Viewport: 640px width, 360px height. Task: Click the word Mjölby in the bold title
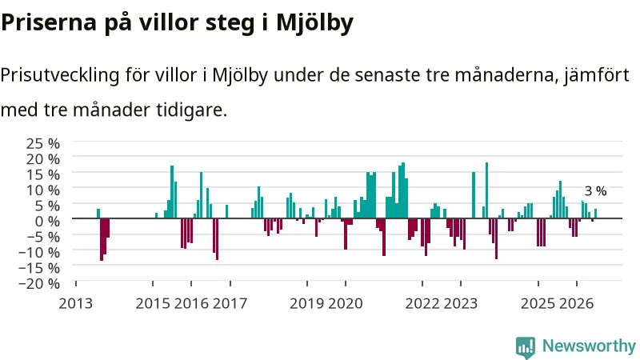[x=314, y=23]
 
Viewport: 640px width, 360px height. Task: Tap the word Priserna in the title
[x=49, y=22]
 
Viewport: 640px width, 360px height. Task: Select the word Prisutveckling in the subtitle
[x=59, y=76]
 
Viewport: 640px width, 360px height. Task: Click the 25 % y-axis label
[x=43, y=143]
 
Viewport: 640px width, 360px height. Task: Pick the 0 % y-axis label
[x=47, y=222]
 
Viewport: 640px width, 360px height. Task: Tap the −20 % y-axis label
[x=39, y=284]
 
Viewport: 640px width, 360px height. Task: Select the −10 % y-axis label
[x=39, y=252]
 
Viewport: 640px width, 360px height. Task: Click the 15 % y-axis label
[x=43, y=174]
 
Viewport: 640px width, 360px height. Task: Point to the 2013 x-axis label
[x=76, y=304]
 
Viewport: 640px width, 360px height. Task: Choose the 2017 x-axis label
[x=230, y=304]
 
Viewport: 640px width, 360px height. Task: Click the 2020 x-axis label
[x=346, y=304]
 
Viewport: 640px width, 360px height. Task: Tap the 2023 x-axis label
[x=461, y=304]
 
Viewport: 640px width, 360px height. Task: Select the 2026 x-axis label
[x=576, y=304]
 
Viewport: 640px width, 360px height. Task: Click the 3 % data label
[x=595, y=191]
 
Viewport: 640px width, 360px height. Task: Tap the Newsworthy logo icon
[x=526, y=347]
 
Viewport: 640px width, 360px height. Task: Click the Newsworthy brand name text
[x=589, y=346]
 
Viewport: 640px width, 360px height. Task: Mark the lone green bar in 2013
[x=98, y=214]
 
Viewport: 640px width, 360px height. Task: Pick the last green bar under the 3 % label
[x=595, y=214]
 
